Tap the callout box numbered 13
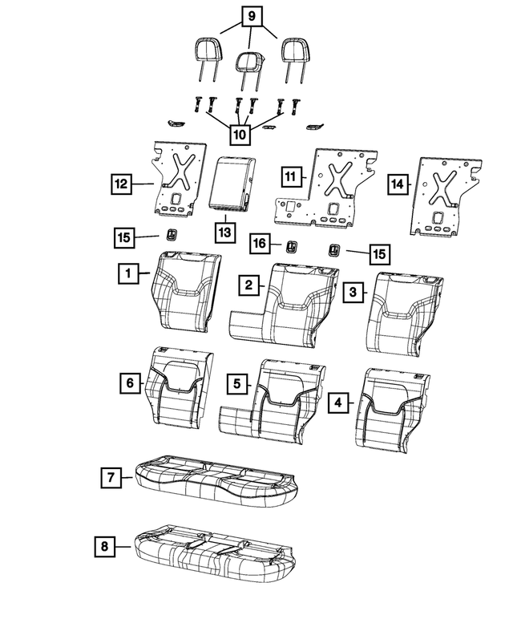pyautogui.click(x=225, y=232)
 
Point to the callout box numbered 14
pyautogui.click(x=396, y=184)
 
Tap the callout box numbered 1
pyautogui.click(x=127, y=274)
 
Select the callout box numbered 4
pyautogui.click(x=340, y=402)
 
